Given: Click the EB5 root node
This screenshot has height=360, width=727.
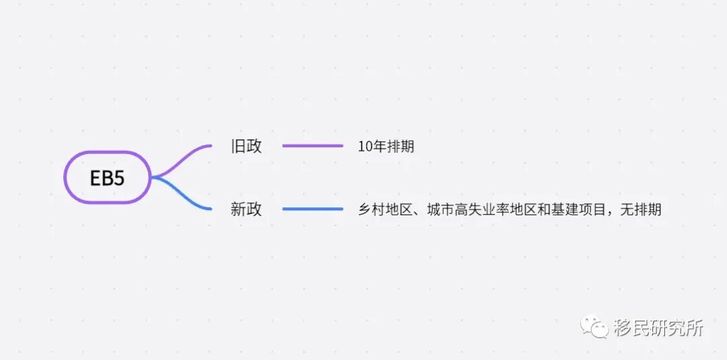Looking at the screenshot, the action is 108,177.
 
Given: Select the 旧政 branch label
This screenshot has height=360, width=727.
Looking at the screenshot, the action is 246,146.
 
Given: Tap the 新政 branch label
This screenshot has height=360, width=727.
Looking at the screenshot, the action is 246,209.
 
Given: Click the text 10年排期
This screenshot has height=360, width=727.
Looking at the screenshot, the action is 386,146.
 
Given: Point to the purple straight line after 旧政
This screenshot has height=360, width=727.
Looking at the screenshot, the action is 312,145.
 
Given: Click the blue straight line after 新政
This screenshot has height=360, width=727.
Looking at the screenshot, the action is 312,209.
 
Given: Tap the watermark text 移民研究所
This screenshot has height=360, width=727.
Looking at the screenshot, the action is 658,328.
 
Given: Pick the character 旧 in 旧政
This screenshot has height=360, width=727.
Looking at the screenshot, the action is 238,146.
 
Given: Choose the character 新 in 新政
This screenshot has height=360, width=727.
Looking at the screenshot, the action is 238,209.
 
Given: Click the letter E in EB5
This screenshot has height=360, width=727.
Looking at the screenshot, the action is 96,178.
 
